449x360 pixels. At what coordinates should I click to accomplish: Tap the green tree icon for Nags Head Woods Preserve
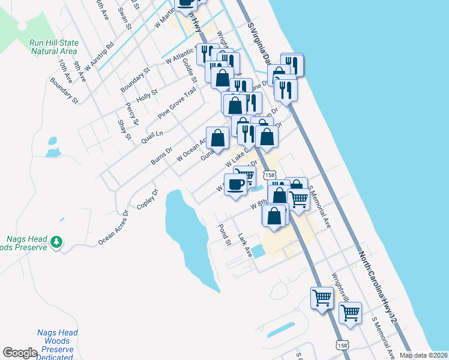tap(57, 242)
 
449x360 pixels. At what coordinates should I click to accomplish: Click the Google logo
tap(20, 353)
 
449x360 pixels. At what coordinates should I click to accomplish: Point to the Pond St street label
tap(224, 235)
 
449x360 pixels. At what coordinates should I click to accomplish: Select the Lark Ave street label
tap(244, 246)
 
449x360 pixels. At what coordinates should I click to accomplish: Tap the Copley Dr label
tap(147, 200)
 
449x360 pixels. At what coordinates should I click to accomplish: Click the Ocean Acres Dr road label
tap(113, 228)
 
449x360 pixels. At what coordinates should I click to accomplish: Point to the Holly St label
tap(146, 95)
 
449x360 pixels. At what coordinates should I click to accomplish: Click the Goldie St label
tap(189, 70)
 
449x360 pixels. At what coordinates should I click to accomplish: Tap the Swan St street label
tap(124, 17)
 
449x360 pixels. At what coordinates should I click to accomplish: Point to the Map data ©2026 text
tap(424, 355)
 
